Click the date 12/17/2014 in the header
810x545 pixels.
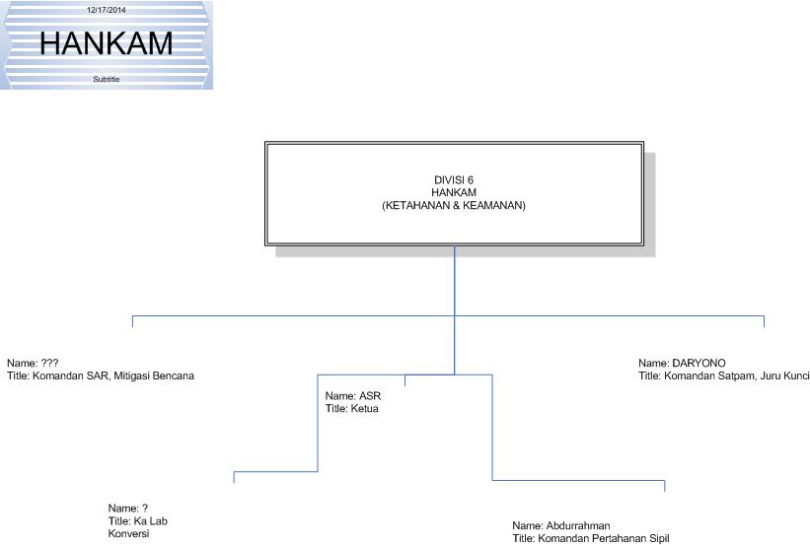(x=107, y=10)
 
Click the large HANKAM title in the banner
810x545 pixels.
(x=107, y=43)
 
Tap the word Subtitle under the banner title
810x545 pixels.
(x=107, y=79)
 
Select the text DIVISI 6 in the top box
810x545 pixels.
(x=454, y=179)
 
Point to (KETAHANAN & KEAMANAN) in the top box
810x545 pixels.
(x=454, y=205)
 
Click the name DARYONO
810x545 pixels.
(x=699, y=363)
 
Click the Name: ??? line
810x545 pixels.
(x=33, y=363)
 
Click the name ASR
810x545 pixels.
(x=370, y=396)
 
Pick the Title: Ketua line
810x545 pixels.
(x=352, y=408)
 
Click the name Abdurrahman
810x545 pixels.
(x=577, y=526)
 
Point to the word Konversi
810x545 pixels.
(x=128, y=533)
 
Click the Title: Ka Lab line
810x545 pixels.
(x=131, y=520)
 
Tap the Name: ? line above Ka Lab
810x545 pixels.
(x=128, y=509)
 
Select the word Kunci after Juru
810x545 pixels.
(x=794, y=375)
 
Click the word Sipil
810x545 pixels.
(x=658, y=538)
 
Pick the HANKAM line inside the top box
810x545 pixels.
(x=454, y=192)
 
